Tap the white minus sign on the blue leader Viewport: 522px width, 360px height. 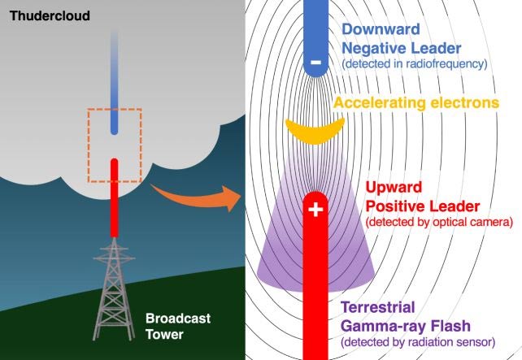[316, 61]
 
